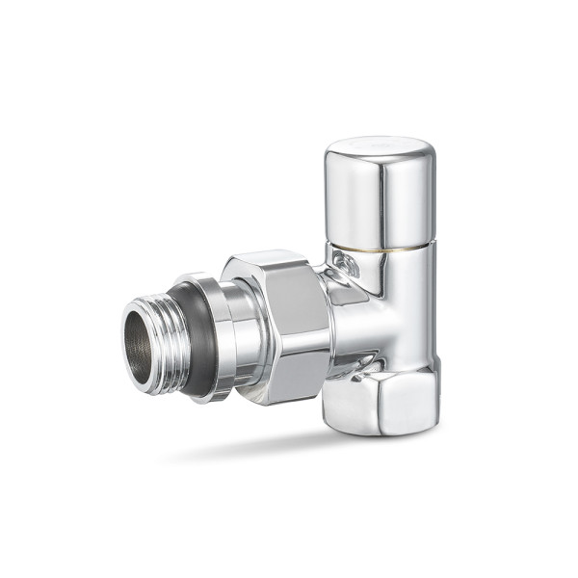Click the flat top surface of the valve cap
click(x=378, y=147)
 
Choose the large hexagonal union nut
click(x=284, y=328)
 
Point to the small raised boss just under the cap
click(x=345, y=265)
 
